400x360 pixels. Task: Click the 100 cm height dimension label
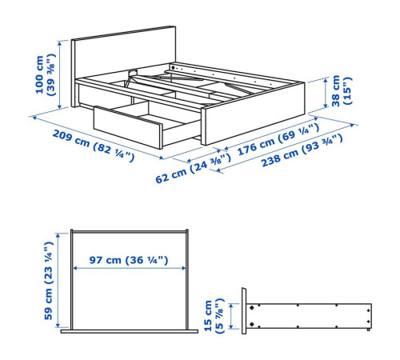tap(45, 74)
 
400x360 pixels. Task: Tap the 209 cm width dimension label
tap(94, 146)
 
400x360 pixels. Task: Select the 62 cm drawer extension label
tap(193, 169)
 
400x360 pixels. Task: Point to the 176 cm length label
tap(278, 139)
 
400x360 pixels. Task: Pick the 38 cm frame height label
tap(342, 90)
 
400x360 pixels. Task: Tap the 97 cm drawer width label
tap(129, 260)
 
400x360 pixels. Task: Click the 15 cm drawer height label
tap(214, 316)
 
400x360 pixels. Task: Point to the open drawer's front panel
tap(127, 127)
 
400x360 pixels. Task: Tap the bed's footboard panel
tap(254, 114)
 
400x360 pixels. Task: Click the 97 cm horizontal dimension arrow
tap(129, 268)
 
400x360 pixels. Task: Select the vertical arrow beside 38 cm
tap(326, 93)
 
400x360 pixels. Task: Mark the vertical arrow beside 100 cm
tap(60, 74)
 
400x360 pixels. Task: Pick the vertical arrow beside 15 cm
tap(231, 316)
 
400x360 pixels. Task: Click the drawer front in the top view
tap(130, 331)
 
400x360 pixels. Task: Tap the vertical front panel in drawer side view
tap(244, 311)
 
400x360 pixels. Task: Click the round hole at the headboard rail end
tap(174, 67)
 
